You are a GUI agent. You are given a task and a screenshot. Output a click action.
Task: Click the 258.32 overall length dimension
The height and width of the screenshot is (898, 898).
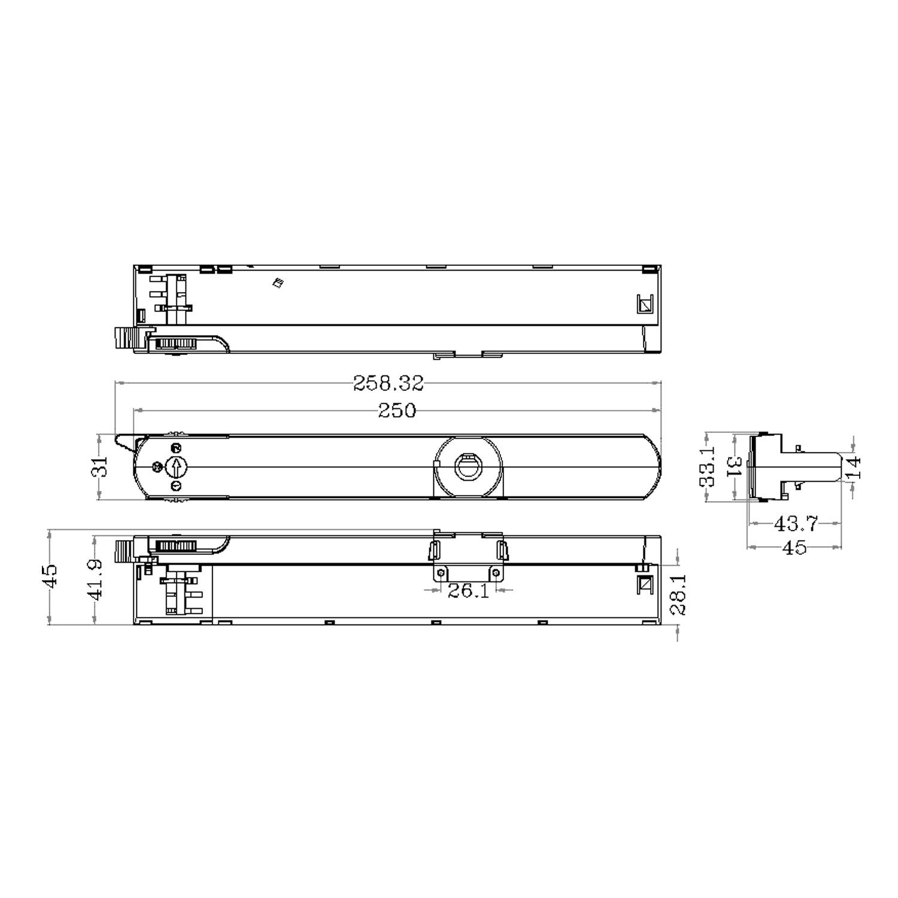[x=388, y=383]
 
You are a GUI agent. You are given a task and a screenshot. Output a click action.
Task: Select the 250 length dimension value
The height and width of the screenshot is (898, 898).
[x=397, y=411]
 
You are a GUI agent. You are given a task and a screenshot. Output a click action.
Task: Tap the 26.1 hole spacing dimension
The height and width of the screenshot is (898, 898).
[x=468, y=591]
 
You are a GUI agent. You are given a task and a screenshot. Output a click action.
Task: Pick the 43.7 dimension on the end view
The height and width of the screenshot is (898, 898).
[x=795, y=524]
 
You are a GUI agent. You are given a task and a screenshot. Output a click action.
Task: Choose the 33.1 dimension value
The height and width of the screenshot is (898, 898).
[x=708, y=466]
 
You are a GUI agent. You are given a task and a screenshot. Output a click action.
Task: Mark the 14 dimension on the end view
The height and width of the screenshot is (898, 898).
[x=853, y=466]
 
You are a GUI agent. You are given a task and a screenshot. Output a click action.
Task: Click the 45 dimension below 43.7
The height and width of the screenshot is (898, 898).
[x=794, y=547]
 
